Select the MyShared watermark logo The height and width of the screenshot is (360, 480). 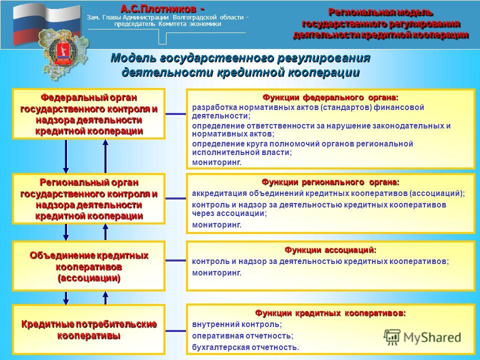pos(422,337)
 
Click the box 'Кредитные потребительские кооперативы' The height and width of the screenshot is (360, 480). pos(89,329)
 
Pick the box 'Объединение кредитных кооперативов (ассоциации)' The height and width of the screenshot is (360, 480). pos(89,265)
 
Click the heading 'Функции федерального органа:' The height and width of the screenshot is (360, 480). pos(330,97)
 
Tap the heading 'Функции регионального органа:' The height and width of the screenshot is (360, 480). pos(330,182)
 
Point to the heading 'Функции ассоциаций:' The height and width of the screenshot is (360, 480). pos(330,250)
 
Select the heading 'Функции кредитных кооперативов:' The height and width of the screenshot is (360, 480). pos(330,313)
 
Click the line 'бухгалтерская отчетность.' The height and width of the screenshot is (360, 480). pos(245,347)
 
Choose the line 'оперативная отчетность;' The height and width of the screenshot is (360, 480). pos(243,336)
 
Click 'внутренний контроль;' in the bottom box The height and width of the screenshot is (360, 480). pos(237,324)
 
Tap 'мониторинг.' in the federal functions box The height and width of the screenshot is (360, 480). pos(216,162)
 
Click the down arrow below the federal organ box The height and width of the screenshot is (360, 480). pos(66,156)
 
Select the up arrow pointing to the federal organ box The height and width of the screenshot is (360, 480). pos(105,156)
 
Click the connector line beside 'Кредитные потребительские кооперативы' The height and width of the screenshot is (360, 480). pos(175,331)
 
